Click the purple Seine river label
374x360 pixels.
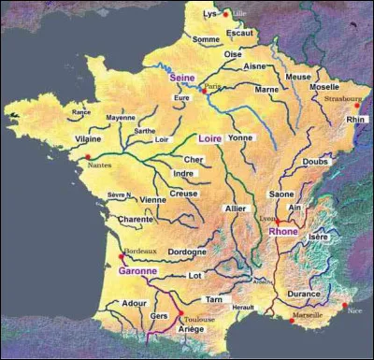click(x=181, y=79)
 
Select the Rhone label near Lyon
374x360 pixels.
click(x=283, y=231)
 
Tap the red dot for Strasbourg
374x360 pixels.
click(x=356, y=106)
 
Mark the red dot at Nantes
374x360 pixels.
click(x=87, y=156)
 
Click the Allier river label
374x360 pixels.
click(x=236, y=208)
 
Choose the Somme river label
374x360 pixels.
click(x=206, y=39)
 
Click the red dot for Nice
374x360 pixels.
click(x=344, y=306)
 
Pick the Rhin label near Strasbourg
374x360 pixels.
click(x=355, y=120)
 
